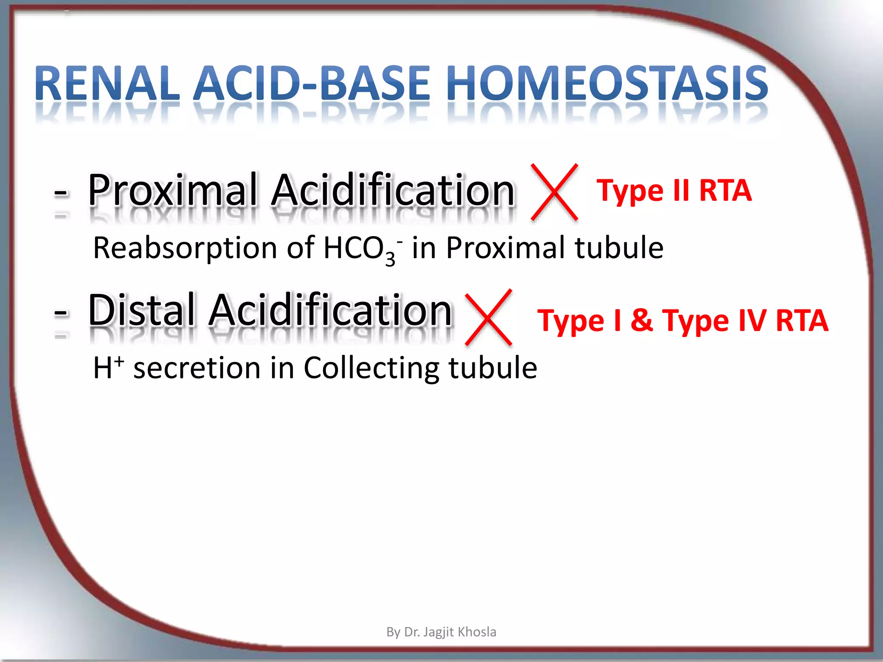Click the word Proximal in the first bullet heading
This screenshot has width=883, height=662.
click(172, 190)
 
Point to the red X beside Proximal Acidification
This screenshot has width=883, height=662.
click(554, 192)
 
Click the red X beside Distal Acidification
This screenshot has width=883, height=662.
click(489, 318)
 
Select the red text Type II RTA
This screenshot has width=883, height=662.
click(674, 190)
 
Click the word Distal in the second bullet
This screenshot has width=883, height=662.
click(141, 310)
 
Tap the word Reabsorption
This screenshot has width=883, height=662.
click(185, 248)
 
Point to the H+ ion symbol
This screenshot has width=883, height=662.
click(108, 368)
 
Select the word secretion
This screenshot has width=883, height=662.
click(197, 368)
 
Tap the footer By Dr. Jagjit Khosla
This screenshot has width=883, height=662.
click(441, 632)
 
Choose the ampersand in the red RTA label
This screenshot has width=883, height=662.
click(642, 321)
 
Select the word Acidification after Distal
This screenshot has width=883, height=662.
click(330, 310)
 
